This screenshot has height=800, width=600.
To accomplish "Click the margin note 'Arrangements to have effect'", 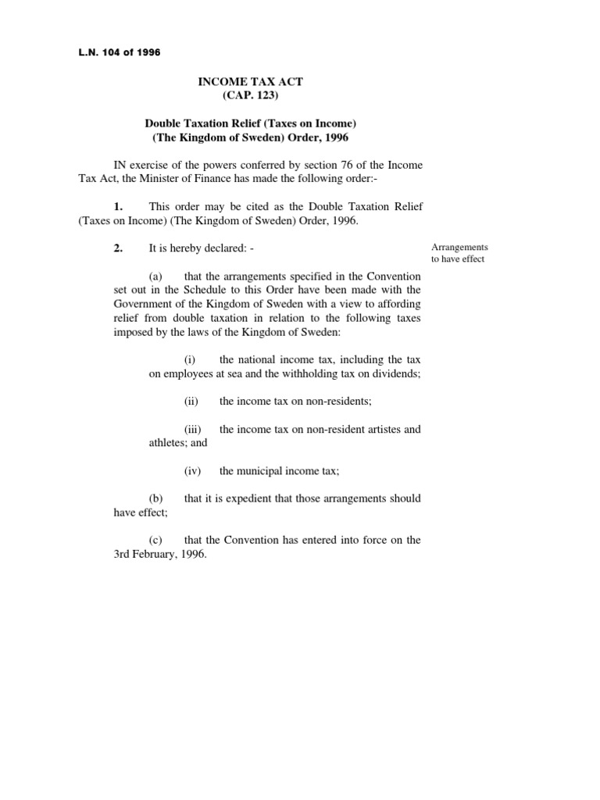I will (459, 253).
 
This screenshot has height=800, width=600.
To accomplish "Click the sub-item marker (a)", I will (156, 277).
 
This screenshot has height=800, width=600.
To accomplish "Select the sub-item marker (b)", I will (156, 498).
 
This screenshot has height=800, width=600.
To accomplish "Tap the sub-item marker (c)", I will (156, 540).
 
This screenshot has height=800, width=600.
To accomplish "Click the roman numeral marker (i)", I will (190, 359).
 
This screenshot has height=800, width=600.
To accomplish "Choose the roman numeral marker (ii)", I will (191, 402).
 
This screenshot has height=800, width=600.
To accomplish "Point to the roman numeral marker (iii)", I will (193, 429).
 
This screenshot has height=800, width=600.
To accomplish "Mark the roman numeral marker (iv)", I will (192, 470).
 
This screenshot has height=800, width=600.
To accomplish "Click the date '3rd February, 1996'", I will (160, 554).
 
